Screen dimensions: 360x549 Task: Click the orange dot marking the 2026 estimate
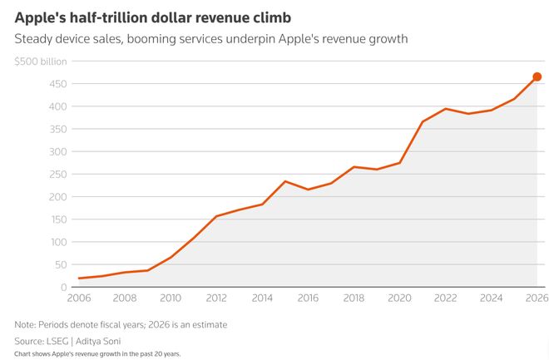coord(537,77)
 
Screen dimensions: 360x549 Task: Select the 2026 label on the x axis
coord(537,298)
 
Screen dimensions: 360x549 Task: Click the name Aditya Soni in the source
coord(112,342)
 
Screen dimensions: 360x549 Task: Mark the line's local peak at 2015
coord(285,181)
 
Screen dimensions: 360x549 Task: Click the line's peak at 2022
coord(446,109)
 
